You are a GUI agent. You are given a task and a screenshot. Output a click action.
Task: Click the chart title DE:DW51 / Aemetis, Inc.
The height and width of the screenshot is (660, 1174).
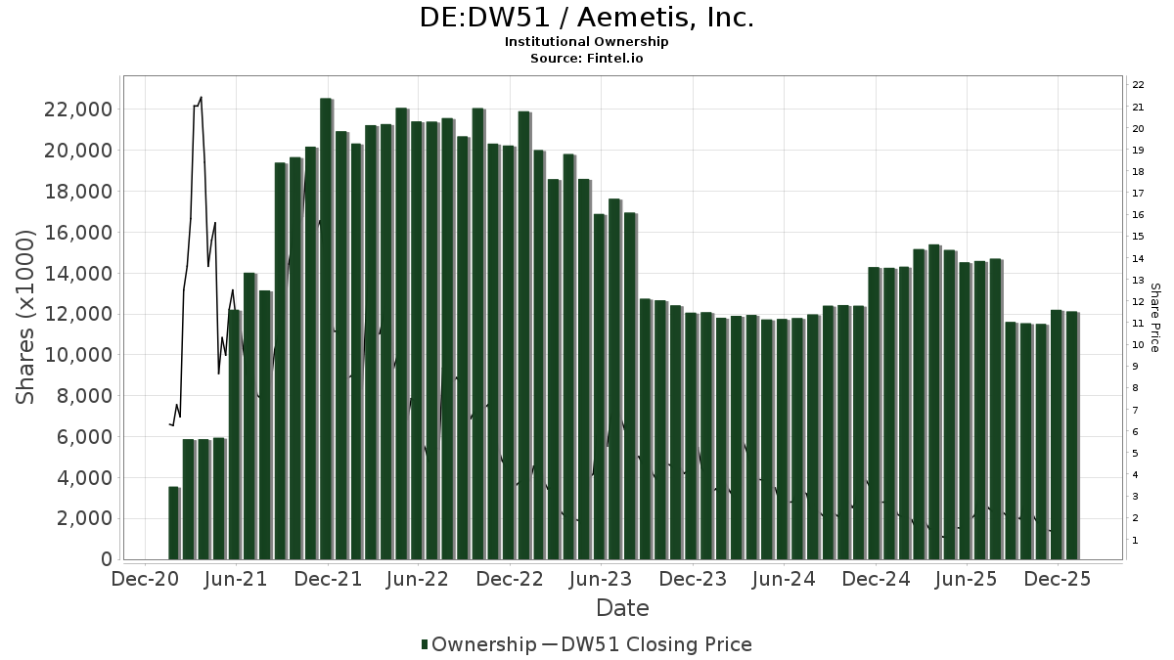point(587,18)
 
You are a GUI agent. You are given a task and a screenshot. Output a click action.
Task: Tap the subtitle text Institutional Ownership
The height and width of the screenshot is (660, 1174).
point(587,42)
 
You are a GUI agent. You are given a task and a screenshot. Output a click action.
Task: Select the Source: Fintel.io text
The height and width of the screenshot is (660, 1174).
point(587,59)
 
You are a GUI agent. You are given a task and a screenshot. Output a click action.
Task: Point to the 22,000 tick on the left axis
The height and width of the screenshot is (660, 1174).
point(76,110)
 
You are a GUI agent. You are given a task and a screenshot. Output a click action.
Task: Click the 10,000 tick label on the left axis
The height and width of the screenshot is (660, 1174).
point(76,355)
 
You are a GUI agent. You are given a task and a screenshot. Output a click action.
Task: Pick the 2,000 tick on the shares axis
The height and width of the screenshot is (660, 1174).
point(83,518)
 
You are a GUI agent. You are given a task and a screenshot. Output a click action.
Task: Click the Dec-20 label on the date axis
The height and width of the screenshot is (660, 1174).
point(144,579)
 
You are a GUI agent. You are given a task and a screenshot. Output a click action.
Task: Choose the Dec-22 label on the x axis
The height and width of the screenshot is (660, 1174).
point(510,579)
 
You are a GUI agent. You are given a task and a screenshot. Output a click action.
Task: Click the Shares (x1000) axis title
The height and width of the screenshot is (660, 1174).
point(26,316)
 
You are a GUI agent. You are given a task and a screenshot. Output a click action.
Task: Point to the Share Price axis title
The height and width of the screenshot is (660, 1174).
point(1154,318)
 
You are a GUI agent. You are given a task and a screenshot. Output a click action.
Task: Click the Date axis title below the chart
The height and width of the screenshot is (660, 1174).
point(622,608)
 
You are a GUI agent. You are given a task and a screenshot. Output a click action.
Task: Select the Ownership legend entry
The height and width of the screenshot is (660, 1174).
point(477,644)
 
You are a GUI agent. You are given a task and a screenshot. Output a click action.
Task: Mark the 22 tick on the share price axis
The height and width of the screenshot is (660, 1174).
point(1139,84)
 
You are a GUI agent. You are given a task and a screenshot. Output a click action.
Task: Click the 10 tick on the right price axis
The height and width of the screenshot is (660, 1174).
point(1139,344)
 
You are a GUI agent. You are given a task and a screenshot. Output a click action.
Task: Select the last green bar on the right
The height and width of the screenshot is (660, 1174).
point(1071,435)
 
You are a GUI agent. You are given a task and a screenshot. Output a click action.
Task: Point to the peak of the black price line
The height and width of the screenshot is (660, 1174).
point(201,97)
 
